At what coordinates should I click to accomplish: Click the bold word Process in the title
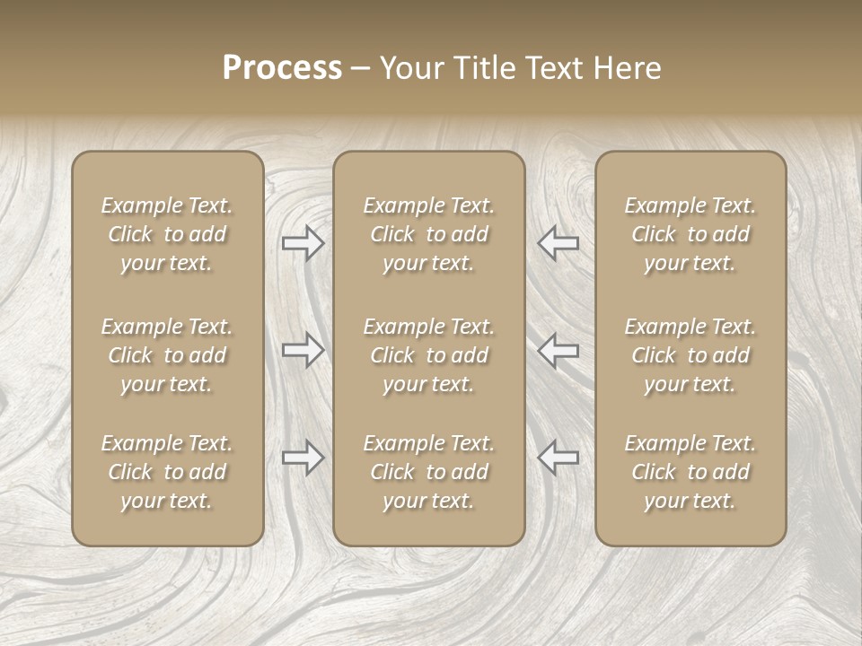click(282, 68)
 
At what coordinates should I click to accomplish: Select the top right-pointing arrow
click(303, 243)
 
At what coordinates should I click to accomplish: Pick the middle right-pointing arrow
click(303, 350)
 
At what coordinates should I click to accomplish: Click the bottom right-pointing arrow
click(303, 458)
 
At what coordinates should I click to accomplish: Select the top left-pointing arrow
click(558, 243)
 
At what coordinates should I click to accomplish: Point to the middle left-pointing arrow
click(558, 350)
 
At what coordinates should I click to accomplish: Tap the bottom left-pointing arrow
click(558, 458)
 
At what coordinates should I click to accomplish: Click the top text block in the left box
click(167, 234)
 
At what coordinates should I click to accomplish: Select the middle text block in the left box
click(167, 355)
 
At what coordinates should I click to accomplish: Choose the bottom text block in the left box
click(167, 472)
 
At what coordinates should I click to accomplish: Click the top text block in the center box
click(428, 234)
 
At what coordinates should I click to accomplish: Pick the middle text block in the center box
click(428, 355)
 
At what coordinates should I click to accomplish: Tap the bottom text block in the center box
click(428, 472)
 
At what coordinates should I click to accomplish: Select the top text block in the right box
click(690, 234)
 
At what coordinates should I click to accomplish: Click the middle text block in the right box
click(690, 355)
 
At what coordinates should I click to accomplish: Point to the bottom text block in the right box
click(690, 472)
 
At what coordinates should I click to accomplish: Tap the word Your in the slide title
click(409, 68)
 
